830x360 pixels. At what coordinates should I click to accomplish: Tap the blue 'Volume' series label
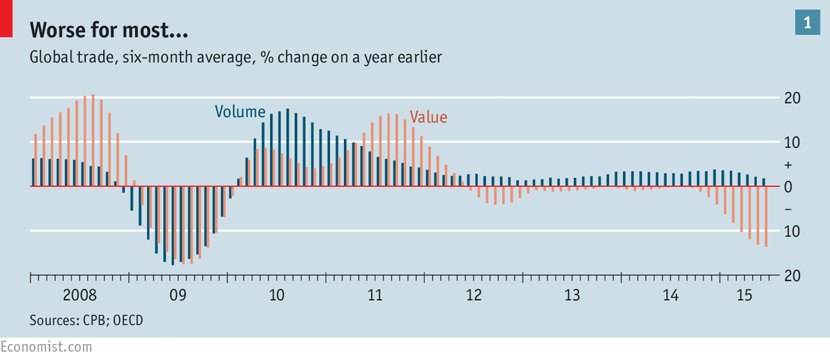[x=240, y=112]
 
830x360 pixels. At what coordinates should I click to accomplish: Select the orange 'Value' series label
[x=428, y=117]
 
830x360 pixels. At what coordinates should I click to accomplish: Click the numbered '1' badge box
[x=807, y=23]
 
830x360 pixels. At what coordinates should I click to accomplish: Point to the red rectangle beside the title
[x=6, y=19]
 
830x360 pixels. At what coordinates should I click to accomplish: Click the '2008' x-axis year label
[x=80, y=295]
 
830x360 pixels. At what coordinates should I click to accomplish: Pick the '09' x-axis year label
[x=178, y=295]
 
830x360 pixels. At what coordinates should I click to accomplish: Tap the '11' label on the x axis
[x=375, y=295]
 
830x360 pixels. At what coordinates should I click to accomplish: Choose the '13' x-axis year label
[x=572, y=295]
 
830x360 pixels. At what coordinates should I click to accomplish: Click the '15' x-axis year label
[x=744, y=295]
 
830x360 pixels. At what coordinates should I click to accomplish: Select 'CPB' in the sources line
[x=95, y=320]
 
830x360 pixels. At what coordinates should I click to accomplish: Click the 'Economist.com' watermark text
[x=46, y=347]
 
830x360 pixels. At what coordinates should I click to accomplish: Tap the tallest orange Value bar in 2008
[x=93, y=140]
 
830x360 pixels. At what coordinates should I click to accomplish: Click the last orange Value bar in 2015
[x=766, y=216]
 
